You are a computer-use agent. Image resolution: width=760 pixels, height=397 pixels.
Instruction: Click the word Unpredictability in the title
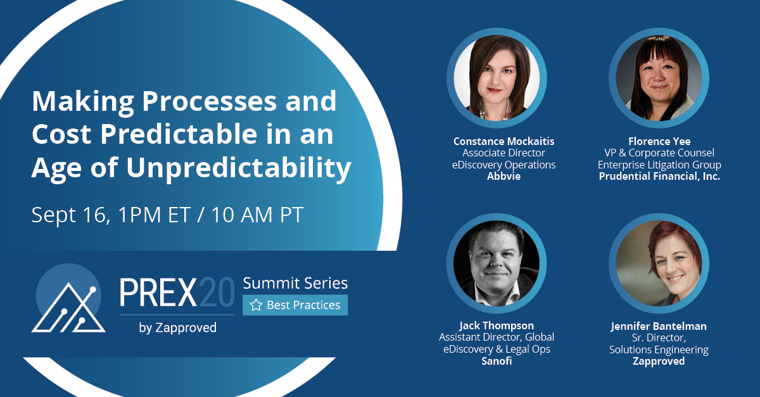239,168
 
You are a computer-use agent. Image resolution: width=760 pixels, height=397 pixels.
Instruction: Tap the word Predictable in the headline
179,134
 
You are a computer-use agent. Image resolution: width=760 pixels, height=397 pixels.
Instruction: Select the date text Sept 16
70,215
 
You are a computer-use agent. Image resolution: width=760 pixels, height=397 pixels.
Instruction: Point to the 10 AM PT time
257,215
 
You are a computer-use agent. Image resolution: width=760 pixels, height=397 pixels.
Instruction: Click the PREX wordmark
158,292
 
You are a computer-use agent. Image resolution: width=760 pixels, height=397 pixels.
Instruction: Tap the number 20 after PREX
216,292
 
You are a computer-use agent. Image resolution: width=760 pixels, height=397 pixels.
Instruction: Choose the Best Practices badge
295,305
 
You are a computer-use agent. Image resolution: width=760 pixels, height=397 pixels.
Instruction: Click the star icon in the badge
256,305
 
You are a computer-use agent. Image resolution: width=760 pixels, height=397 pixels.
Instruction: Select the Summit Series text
295,283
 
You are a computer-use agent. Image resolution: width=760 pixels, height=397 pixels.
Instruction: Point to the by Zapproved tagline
177,328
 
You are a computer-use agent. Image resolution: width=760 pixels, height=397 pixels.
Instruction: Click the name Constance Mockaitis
504,141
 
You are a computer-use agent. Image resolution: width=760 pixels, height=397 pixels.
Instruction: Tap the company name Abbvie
504,176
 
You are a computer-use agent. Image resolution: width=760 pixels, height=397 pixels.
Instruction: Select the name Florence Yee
659,141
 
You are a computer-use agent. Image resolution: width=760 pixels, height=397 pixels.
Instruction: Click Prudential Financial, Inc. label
659,176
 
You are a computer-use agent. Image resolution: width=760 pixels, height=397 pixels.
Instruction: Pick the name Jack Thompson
497,325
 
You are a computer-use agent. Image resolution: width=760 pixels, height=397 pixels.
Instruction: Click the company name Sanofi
497,361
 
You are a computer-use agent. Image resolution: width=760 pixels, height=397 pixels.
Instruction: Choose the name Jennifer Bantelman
659,326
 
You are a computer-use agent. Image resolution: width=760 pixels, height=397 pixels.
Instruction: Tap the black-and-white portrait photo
497,263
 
